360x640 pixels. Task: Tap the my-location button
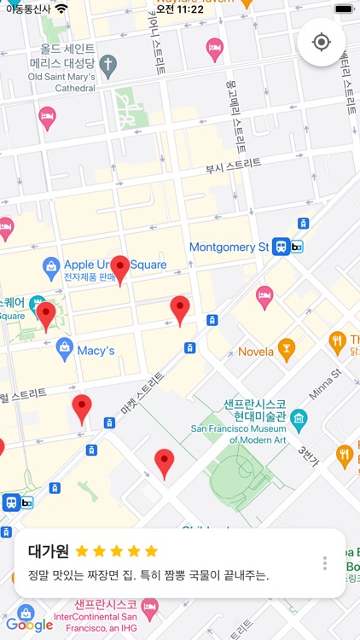tap(322, 42)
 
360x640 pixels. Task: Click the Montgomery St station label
tap(229, 247)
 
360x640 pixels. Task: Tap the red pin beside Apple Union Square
tap(120, 269)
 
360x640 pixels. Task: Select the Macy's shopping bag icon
tap(64, 348)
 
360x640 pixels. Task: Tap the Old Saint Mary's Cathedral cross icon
tap(107, 64)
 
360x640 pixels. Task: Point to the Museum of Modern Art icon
tap(299, 418)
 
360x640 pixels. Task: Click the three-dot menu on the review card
tap(325, 563)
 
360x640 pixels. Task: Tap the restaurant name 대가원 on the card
tap(48, 551)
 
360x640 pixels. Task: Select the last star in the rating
tap(151, 551)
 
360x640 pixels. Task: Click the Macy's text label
tap(96, 351)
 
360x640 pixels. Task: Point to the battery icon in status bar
tap(343, 9)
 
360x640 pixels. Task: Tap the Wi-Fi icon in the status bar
tap(61, 9)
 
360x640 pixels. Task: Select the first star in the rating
tap(82, 551)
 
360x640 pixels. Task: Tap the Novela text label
tap(256, 352)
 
